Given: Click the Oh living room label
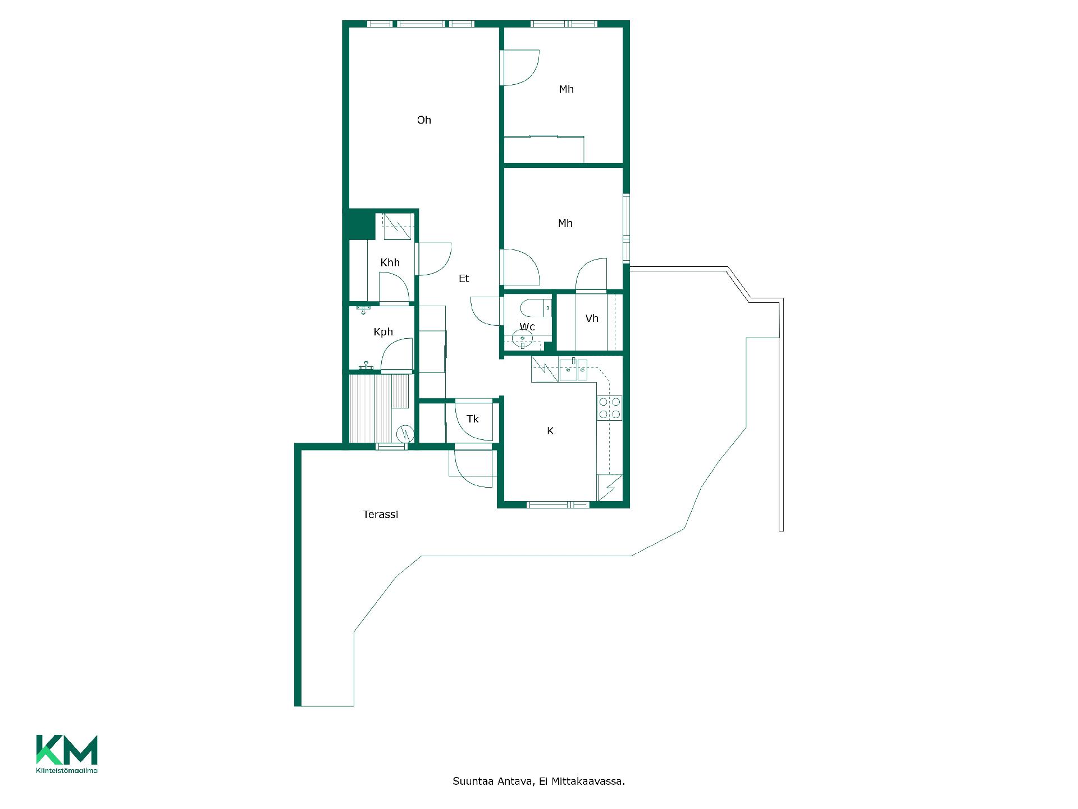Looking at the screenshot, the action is pos(424,120).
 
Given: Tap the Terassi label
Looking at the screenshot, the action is pos(381,514).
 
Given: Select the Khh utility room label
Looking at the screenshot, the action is pos(390,262).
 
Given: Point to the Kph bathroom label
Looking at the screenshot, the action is pos(383,332).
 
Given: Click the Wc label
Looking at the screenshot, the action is pos(527,326).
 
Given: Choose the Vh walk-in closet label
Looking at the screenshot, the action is pos(592,319).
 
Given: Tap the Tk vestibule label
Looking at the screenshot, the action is pos(473,419).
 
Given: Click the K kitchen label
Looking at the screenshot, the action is pos(550,431).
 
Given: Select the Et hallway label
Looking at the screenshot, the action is pos(464,278).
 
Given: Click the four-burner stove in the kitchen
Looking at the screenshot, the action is pos(610,408).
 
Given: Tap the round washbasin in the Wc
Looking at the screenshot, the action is pos(523,339).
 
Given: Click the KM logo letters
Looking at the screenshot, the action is pos(67,749).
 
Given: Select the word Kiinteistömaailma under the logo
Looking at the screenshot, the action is pos(67,770).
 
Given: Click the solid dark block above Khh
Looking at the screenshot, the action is pos(359,225).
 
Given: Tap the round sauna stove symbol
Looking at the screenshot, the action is pos(404,433).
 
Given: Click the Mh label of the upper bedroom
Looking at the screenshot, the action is pos(566,89).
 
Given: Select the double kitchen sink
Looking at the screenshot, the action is pos(573,369).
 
